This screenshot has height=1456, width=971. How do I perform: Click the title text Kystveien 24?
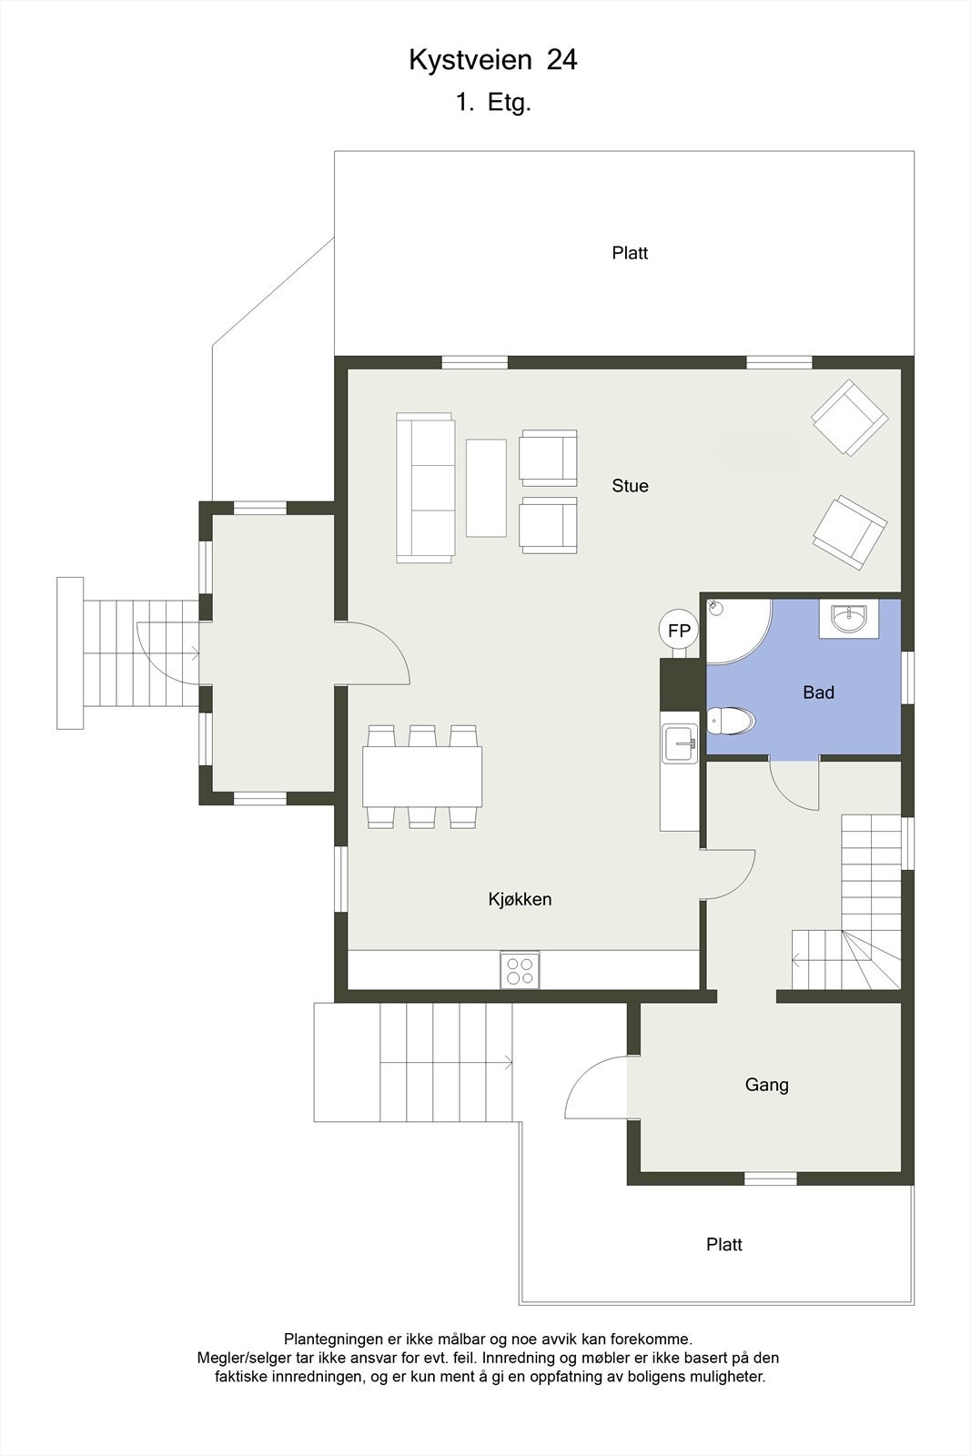492,60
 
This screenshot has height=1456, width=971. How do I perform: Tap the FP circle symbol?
679,630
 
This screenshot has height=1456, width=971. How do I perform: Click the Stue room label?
630,486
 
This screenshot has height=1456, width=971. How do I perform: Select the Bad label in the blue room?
818,693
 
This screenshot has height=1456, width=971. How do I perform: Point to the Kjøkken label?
520,899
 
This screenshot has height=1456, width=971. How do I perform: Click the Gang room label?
766,1085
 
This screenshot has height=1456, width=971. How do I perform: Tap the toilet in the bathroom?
732,722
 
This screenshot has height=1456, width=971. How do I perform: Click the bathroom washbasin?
848,620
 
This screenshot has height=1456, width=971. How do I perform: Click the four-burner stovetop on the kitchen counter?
520,970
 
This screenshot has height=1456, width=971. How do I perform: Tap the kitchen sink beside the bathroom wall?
679,743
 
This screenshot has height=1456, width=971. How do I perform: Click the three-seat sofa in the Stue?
424,488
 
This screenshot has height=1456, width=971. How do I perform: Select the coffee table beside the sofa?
486,488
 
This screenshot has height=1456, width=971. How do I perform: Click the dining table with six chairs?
422,776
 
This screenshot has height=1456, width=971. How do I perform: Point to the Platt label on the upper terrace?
630,253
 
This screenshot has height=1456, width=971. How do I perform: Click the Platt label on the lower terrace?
723,1244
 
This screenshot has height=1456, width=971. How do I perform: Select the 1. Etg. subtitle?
493,103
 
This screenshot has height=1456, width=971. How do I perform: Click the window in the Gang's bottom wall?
770,1178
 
